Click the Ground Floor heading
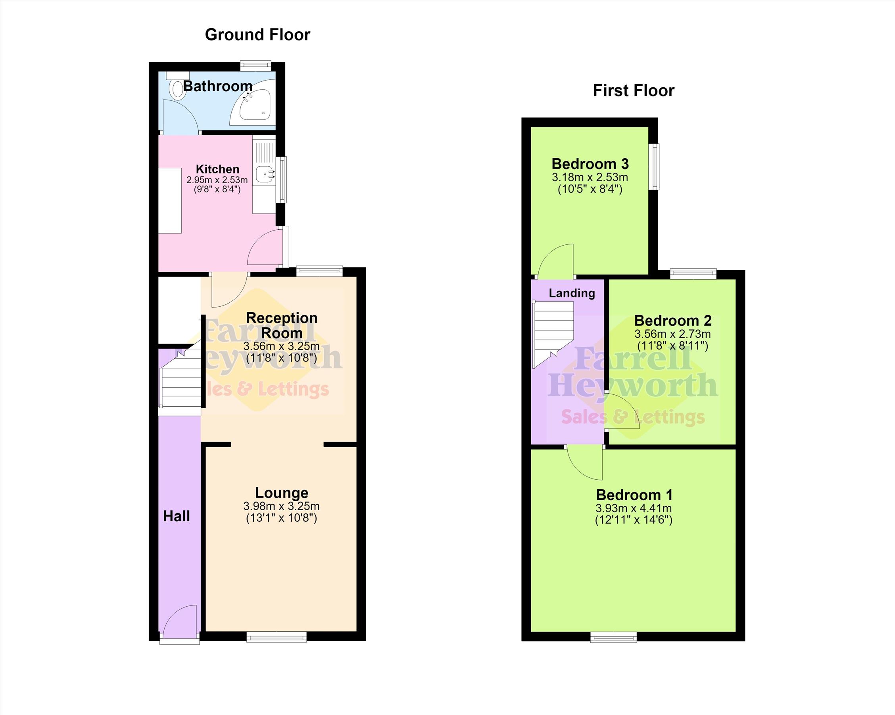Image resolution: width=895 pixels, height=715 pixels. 257,35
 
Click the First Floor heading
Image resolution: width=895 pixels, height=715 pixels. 634,90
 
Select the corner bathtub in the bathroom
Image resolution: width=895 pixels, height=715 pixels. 253,102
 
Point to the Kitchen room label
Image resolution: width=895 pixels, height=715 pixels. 217,169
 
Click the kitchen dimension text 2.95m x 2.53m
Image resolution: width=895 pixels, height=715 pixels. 217,180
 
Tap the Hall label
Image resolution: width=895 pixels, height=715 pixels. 177,516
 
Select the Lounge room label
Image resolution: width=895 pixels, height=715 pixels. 281,492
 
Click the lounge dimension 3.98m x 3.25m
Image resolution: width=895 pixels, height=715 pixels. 281,506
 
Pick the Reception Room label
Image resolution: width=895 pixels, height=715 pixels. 282,325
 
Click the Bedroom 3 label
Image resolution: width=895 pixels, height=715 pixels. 590,164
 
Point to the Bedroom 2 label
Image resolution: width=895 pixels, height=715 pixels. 672,321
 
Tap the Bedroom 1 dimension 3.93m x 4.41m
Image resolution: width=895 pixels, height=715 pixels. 634,508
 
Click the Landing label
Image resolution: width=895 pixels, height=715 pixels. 572,293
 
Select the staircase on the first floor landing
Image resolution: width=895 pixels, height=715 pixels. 553,334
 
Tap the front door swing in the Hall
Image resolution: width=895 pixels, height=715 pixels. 179,620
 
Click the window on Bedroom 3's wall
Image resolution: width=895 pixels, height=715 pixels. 655,167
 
